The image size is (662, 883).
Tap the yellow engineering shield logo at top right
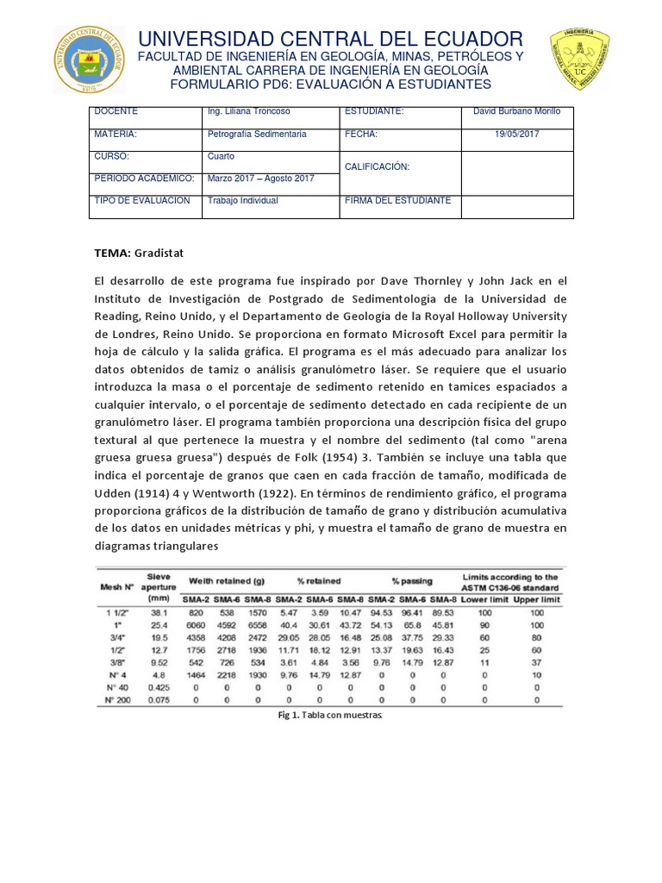coord(579,58)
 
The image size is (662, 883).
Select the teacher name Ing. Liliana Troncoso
coord(250,112)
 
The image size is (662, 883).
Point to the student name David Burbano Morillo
coord(517,112)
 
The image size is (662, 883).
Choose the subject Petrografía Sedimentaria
coord(257,135)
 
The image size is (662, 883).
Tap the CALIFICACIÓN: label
coord(377,166)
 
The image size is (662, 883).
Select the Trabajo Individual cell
coord(242,200)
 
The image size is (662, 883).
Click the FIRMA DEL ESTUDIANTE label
coord(397,200)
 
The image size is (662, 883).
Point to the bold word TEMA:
coord(112,254)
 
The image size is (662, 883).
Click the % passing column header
coord(411,580)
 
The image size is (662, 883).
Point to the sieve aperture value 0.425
coord(158,688)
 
